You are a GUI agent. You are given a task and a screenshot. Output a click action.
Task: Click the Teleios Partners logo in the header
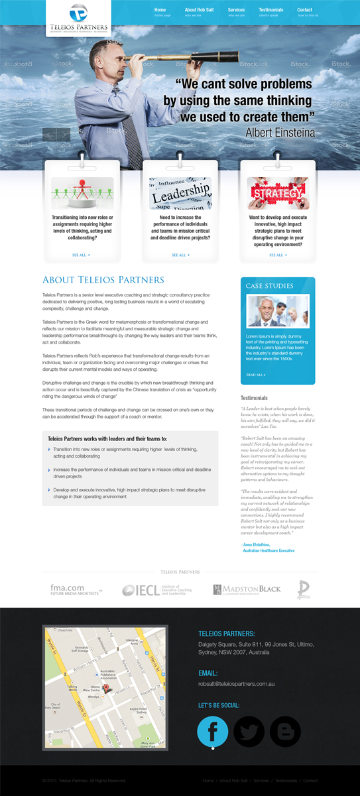pos(78,18)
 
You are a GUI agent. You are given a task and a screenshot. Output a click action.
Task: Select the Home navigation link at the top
pos(160,11)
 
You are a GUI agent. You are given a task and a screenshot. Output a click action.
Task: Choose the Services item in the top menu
pos(236,11)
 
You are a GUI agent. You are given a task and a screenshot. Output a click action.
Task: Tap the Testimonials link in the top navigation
pos(270,11)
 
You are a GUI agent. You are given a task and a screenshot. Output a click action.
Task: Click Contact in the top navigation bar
pos(305,11)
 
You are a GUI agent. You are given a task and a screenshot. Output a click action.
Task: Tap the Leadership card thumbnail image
pos(180,193)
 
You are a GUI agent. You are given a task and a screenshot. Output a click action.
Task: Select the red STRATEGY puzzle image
pos(278,193)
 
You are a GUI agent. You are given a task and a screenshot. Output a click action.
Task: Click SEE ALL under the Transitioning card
pos(81,255)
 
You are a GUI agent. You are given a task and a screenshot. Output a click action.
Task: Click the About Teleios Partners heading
pos(103,280)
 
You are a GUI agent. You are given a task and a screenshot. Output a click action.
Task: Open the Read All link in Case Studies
pos(256,375)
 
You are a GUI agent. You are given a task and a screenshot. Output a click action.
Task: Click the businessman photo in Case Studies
pos(278,310)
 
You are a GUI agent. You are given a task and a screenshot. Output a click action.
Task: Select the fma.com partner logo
pos(76,589)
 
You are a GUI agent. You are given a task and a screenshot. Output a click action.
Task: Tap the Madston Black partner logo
pos(247,589)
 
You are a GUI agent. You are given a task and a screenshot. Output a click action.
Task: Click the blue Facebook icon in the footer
pos(213,732)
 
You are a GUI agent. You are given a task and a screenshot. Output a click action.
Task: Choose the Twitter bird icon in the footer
pos(249,732)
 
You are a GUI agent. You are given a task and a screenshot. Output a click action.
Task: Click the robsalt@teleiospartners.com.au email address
pos(236,684)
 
